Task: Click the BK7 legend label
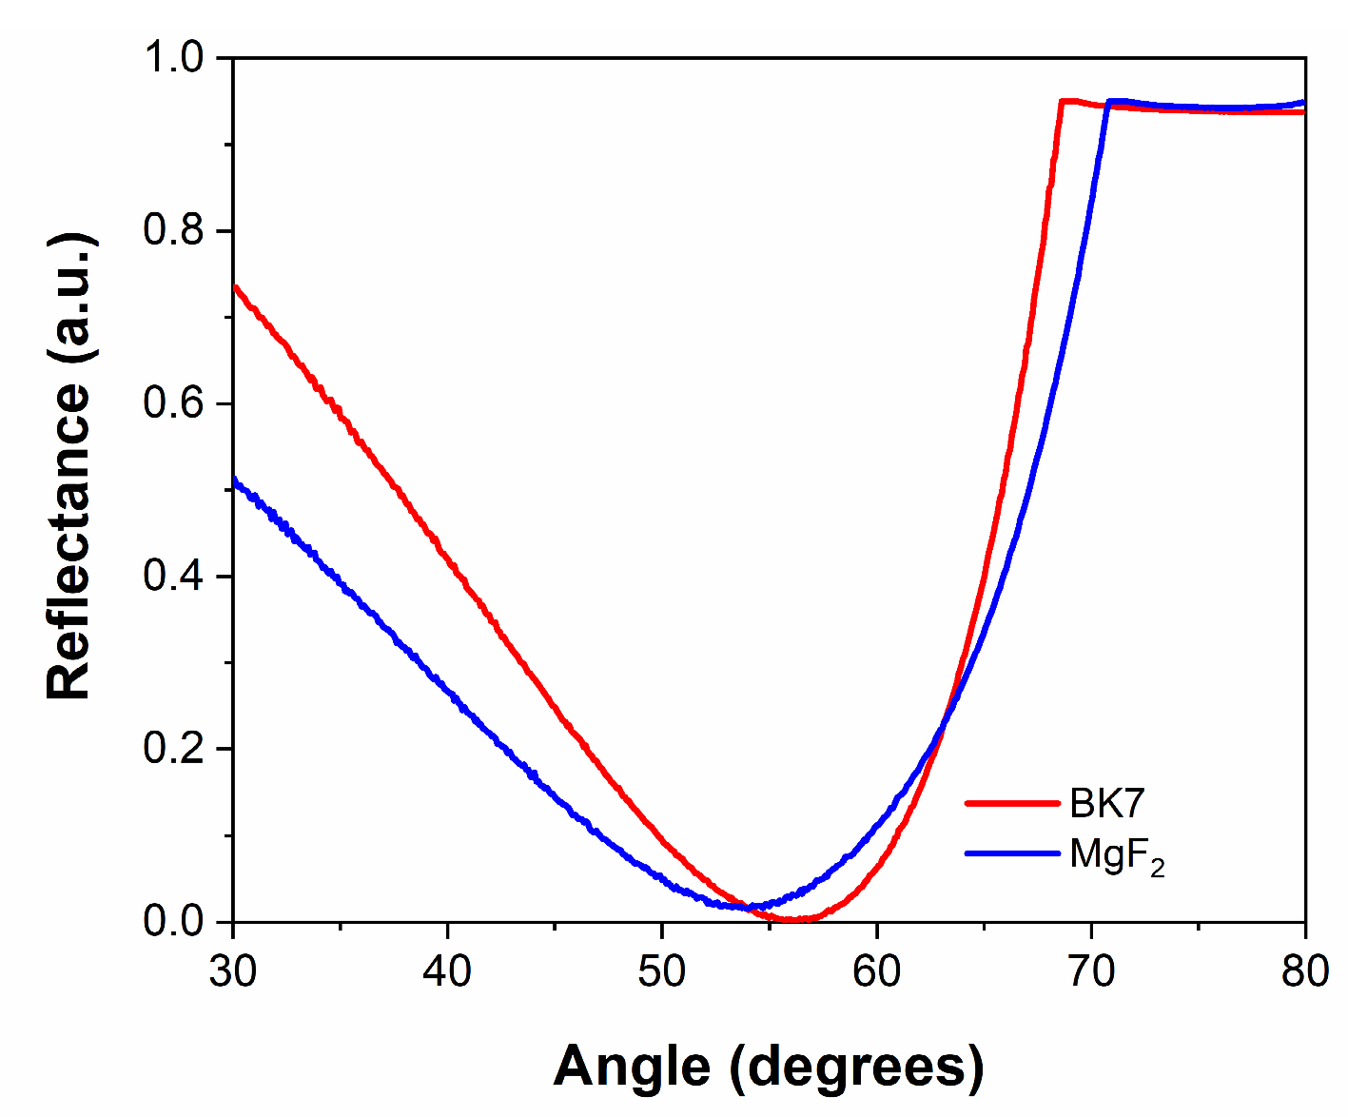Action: (1106, 804)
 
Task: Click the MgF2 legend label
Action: (1116, 855)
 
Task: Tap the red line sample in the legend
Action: (1012, 803)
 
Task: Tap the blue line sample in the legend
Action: (1012, 853)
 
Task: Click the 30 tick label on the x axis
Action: (233, 971)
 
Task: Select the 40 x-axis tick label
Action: (447, 971)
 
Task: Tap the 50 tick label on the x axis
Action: (662, 971)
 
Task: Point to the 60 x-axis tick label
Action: (876, 971)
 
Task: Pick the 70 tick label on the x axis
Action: (1091, 971)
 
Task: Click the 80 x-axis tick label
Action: (1304, 971)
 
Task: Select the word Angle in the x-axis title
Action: (632, 1066)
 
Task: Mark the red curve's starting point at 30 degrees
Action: (234, 286)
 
